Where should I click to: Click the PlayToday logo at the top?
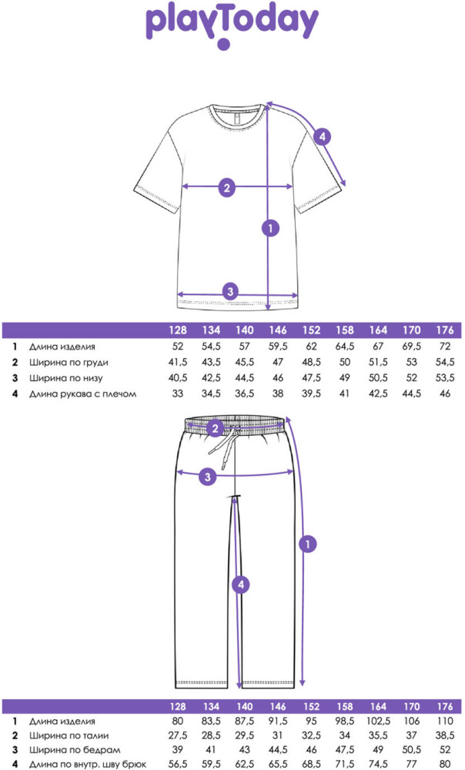tap(232, 25)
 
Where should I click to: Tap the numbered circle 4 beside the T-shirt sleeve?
tap(322, 136)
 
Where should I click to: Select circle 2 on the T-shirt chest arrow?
tap(226, 187)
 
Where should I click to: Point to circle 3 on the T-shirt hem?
tap(230, 291)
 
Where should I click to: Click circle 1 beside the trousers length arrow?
tap(308, 544)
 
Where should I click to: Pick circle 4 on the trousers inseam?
tap(241, 584)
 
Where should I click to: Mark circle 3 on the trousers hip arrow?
tap(207, 476)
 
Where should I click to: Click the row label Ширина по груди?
tap(69, 363)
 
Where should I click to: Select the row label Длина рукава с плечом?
tap(82, 393)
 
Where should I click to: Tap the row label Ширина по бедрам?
tap(75, 750)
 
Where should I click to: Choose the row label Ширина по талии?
tap(69, 735)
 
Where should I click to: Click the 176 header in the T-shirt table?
tap(445, 330)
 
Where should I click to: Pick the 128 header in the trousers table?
tap(178, 706)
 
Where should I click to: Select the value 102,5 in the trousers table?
tap(378, 721)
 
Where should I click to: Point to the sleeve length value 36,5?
tap(245, 393)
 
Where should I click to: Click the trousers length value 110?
tap(445, 721)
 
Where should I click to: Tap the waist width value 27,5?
tap(178, 735)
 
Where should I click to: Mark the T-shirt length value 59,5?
tap(278, 346)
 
